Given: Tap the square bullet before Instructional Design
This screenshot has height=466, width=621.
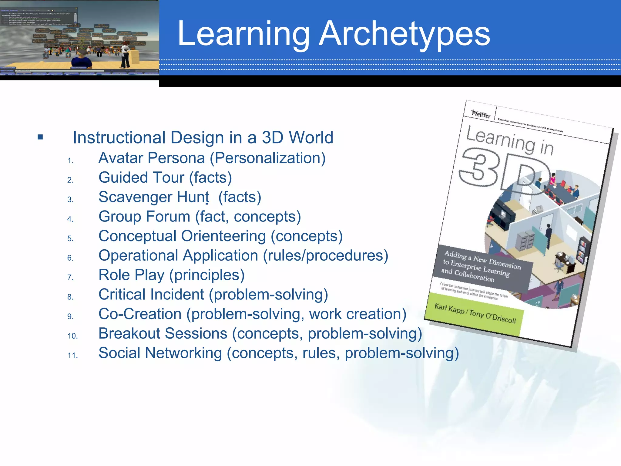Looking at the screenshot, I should tap(40, 137).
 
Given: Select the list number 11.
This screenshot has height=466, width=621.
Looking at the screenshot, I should tap(72, 355).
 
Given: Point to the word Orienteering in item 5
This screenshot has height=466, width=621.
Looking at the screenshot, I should tap(223, 236).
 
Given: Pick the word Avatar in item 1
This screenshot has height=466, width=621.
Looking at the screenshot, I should tap(121, 158).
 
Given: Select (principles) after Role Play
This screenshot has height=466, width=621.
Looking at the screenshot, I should tap(207, 275).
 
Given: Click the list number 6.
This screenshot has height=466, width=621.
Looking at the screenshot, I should tap(70, 258).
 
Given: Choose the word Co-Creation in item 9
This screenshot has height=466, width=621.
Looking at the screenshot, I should tap(140, 314).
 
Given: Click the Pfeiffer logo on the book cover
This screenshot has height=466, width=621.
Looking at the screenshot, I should tap(481, 114).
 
